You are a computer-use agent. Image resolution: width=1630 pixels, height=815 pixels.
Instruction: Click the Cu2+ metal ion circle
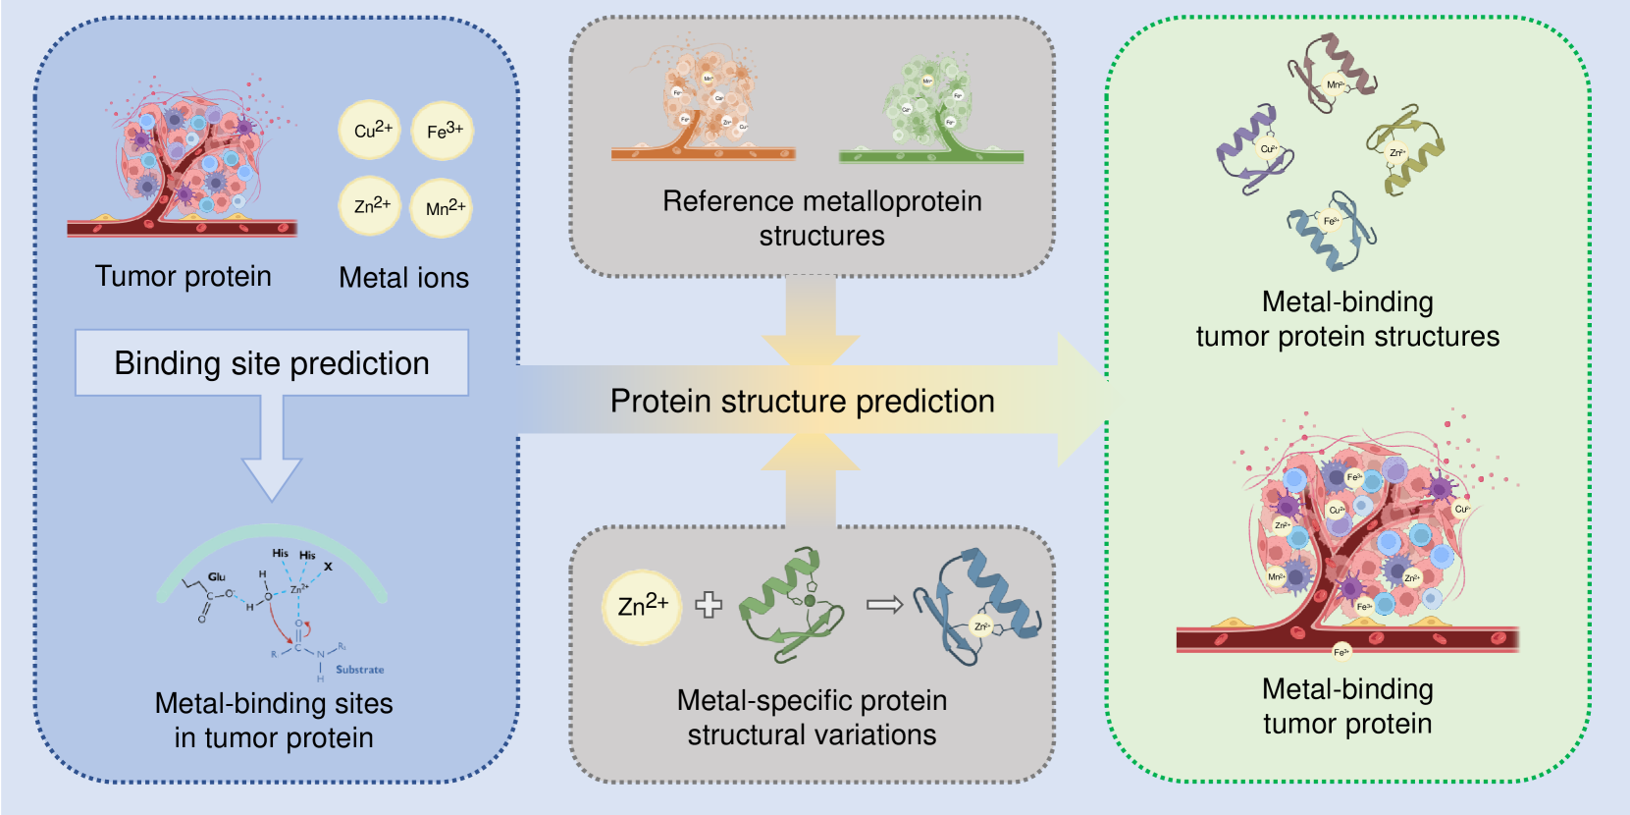370,130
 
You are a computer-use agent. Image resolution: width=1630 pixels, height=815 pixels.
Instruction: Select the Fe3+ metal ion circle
443,131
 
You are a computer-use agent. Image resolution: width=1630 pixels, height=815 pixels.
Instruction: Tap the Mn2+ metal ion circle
442,208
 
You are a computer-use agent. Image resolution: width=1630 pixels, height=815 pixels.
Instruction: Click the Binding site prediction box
272,363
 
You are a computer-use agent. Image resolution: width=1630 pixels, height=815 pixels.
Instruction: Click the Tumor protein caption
184,277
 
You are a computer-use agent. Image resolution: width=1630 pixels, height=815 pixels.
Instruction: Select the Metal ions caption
403,278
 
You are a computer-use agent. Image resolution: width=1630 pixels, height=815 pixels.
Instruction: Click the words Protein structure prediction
802,402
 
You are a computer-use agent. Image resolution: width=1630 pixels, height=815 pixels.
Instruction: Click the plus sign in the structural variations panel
709,605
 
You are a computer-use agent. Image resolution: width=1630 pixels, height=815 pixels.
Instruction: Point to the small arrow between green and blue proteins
884,605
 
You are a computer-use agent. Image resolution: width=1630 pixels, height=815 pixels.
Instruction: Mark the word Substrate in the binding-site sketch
359,670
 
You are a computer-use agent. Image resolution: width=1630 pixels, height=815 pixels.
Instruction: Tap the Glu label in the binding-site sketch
217,576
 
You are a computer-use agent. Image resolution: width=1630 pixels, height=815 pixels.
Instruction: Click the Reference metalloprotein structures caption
821,218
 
